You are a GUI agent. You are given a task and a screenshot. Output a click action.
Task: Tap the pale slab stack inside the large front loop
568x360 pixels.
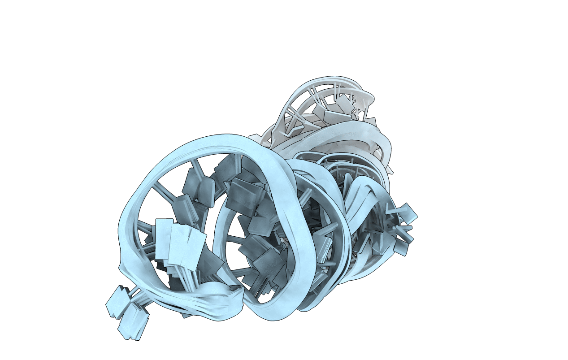179,244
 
